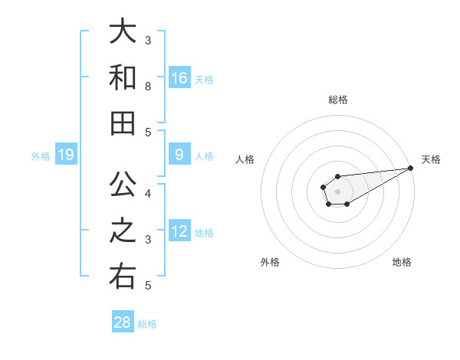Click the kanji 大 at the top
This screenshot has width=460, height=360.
pos(123,32)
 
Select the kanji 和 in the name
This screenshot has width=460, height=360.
pos(123,78)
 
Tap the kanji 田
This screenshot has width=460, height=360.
pos(123,124)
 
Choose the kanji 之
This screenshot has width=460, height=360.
pos(123,231)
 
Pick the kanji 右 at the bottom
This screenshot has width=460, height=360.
pos(123,277)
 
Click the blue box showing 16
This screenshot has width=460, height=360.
pos(179,77)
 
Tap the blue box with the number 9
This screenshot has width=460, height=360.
pos(179,155)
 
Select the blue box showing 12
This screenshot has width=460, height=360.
pos(179,231)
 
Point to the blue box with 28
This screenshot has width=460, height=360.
pos(123,322)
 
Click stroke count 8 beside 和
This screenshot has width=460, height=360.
pos(148,86)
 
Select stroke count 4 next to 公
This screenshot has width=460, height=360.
pos(148,193)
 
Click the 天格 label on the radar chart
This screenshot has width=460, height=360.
pos(431,159)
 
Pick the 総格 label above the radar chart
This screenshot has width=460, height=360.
pos(338,100)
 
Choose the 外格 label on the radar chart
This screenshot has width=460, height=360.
pos(270,262)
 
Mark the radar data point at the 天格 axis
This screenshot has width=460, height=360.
pos(410,169)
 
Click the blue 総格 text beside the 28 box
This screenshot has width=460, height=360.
pos(147,324)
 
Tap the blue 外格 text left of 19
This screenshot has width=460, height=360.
pos(41,156)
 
